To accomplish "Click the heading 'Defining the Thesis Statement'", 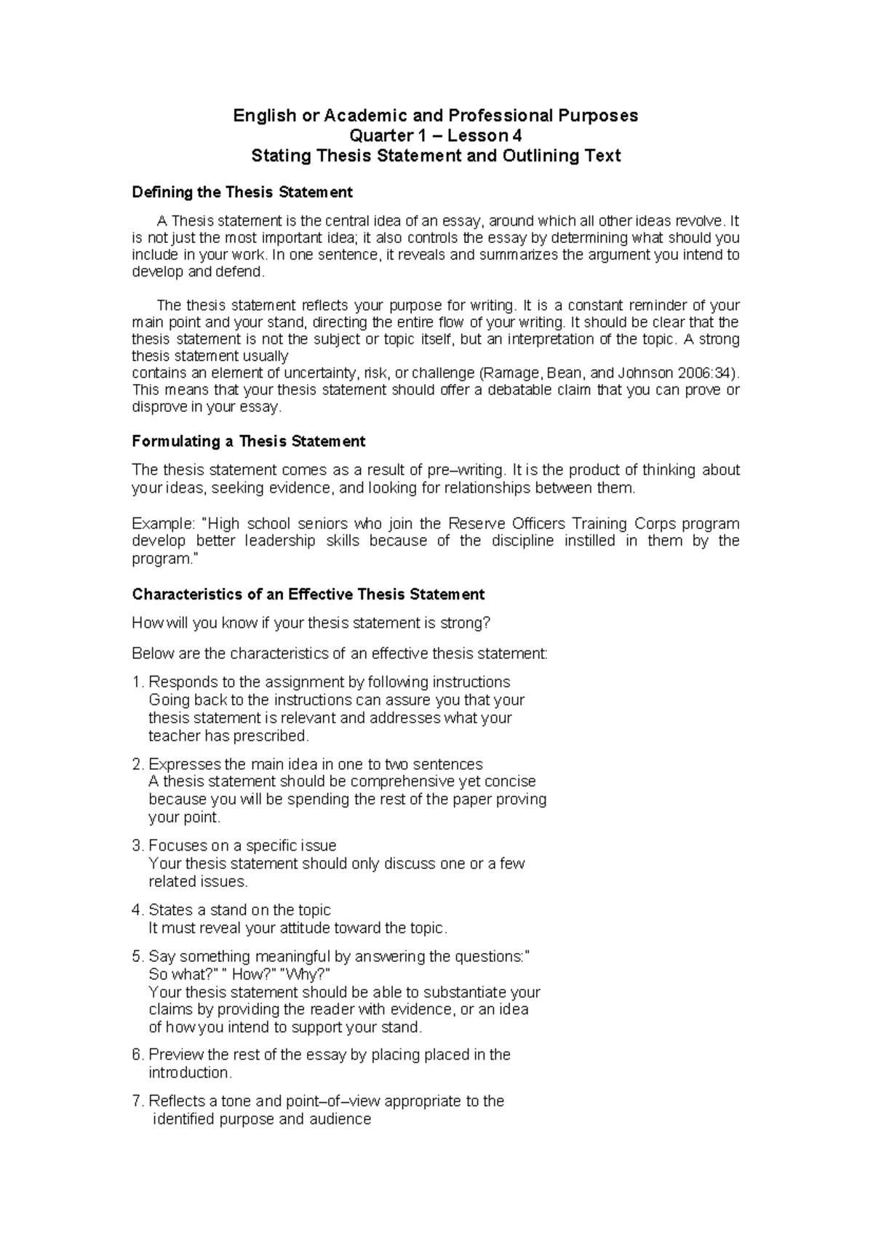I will click(242, 192).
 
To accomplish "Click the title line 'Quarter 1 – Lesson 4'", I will click(435, 135).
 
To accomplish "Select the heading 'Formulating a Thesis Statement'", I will click(248, 441).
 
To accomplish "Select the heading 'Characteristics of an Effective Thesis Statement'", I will click(308, 594).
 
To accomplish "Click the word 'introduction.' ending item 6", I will click(191, 1073).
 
